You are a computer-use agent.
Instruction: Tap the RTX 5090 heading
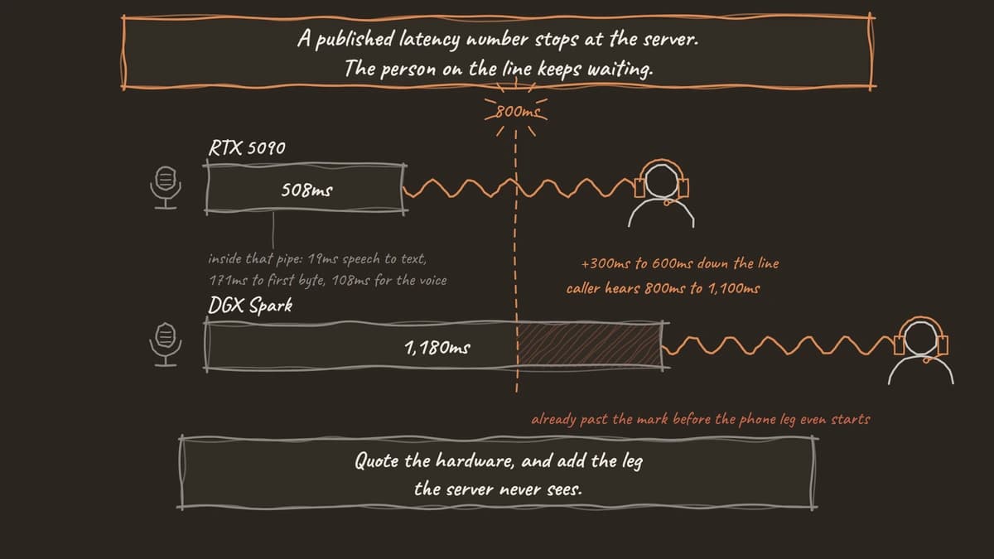247,147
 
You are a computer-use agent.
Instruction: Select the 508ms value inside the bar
306,190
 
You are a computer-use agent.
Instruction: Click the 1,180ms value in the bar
437,347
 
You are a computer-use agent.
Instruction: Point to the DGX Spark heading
250,306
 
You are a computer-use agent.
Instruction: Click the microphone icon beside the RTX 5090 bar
166,187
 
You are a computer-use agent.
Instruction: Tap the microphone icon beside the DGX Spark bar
166,345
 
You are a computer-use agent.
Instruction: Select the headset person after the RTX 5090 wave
661,194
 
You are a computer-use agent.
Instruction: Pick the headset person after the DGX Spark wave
921,350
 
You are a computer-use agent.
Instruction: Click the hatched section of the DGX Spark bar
590,345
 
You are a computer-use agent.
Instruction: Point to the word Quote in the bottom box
377,460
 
